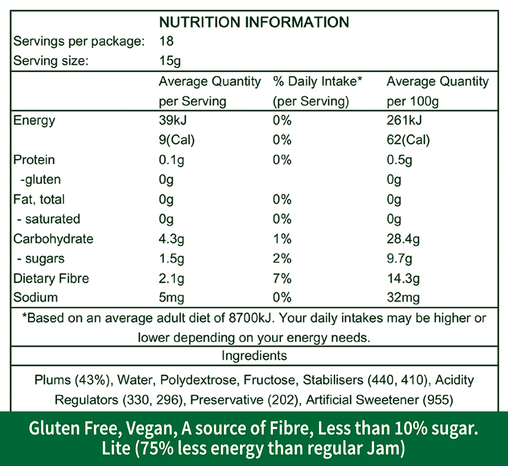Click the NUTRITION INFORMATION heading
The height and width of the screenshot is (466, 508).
[254, 22]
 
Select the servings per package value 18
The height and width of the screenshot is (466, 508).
[167, 41]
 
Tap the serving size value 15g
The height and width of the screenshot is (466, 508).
[170, 61]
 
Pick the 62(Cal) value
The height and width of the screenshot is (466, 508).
[408, 140]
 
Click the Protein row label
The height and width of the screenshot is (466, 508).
[34, 160]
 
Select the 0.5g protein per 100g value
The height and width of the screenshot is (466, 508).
[399, 160]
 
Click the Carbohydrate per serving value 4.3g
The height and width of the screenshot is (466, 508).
[171, 239]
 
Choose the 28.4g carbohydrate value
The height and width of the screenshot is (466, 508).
[403, 239]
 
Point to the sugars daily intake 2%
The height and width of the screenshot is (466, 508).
[282, 259]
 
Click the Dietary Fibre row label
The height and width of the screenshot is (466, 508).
[51, 279]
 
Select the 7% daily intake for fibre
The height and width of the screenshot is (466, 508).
[282, 279]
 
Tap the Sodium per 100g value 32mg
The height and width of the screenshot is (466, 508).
[403, 298]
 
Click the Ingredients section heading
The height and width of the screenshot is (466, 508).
[254, 356]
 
